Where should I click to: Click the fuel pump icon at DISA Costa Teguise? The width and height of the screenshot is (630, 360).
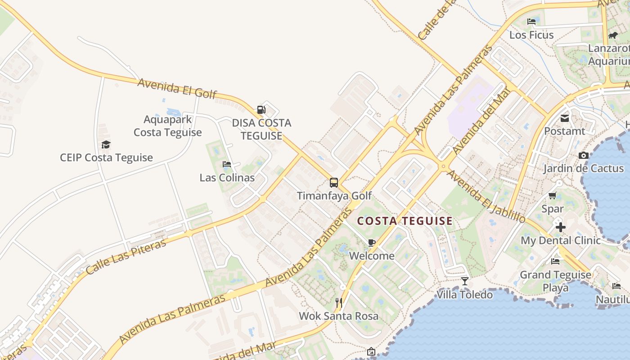pos(261,109)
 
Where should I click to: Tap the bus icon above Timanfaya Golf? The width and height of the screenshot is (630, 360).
pos(334,183)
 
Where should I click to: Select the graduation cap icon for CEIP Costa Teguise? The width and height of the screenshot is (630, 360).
pos(106,144)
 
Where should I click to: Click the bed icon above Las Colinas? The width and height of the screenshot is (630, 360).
pos(227,164)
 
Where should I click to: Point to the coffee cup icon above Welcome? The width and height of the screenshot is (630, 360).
pos(372,243)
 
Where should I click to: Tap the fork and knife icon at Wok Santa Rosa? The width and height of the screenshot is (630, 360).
pos(339,302)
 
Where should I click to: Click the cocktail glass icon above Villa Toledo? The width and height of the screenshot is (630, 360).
pos(465,281)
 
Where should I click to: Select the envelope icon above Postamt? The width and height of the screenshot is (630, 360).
pos(565,118)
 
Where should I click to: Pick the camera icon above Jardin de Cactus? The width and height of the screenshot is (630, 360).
pos(584,156)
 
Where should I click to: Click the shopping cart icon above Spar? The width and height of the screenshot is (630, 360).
pos(553,196)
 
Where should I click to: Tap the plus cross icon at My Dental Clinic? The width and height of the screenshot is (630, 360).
pos(560,227)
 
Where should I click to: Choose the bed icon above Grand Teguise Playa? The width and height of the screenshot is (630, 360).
pos(555,261)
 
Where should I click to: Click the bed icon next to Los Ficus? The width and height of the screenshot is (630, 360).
pos(531,22)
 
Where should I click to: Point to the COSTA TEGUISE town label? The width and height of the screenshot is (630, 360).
pos(405,221)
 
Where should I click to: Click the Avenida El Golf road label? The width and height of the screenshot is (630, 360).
pos(177,88)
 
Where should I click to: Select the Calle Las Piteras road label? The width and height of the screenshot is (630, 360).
pos(126,256)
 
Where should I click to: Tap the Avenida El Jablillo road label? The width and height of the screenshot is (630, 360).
pos(486,197)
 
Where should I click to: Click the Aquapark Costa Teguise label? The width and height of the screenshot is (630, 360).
pos(167,126)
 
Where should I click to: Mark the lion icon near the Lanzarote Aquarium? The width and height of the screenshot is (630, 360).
pos(612,35)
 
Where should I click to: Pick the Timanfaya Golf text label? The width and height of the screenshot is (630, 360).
pos(334,196)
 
